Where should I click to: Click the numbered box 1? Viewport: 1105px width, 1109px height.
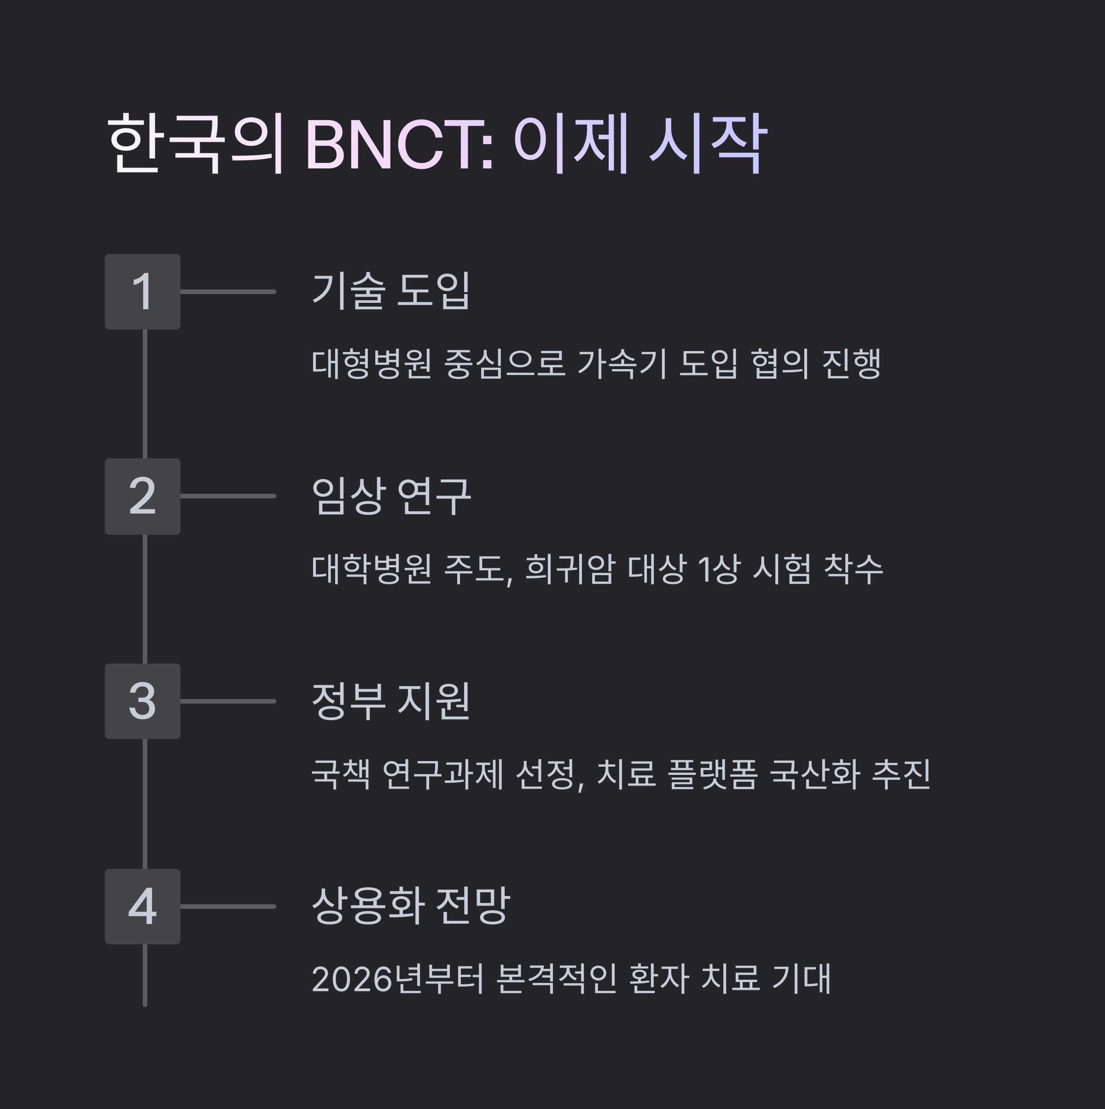click(x=142, y=292)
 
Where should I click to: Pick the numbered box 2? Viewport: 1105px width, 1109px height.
click(x=142, y=497)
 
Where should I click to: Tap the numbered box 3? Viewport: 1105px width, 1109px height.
click(x=142, y=701)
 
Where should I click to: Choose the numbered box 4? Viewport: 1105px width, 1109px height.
click(x=142, y=907)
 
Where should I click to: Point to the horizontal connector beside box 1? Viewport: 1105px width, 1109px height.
click(x=228, y=292)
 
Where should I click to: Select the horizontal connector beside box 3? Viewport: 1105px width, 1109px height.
click(x=228, y=701)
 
